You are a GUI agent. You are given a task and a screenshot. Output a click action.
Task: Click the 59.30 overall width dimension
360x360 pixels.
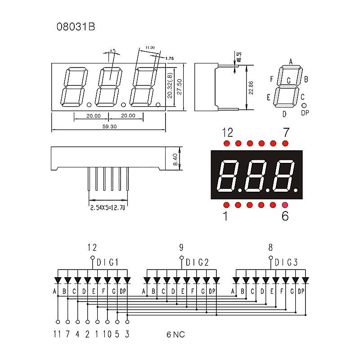[x=109, y=127]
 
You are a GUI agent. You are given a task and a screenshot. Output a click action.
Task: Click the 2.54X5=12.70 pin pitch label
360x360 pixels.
[x=108, y=208]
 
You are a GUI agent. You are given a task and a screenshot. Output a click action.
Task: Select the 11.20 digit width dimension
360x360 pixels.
[x=150, y=47]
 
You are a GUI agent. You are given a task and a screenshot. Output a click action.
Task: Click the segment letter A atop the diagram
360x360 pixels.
[x=291, y=62]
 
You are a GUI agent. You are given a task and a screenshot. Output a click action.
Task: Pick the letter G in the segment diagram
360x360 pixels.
[x=289, y=81]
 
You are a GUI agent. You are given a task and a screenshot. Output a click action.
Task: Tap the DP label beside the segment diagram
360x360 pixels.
[x=305, y=112]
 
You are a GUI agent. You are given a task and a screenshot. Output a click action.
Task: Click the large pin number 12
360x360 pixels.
[x=228, y=132]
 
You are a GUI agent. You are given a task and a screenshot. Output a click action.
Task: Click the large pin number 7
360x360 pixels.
[x=285, y=132]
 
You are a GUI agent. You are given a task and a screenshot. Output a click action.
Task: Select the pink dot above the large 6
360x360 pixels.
[x=285, y=205]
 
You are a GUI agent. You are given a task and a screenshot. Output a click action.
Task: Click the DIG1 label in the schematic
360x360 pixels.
[x=107, y=262]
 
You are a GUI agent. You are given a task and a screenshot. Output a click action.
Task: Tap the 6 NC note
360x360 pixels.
[x=175, y=334]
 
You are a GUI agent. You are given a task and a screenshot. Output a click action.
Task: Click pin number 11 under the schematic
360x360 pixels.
[x=57, y=334]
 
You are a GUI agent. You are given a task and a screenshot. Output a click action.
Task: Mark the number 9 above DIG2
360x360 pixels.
[x=181, y=247]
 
